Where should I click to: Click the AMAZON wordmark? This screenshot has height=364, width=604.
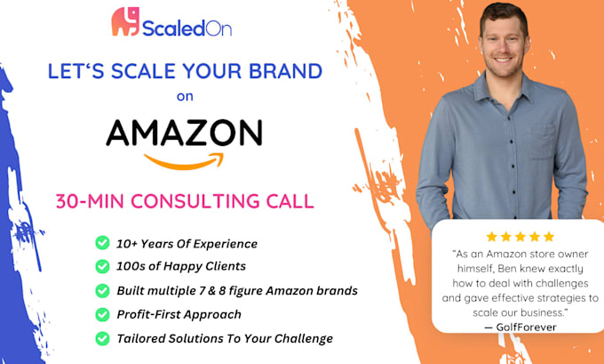[184, 133]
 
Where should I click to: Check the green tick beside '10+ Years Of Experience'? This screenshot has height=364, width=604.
[103, 243]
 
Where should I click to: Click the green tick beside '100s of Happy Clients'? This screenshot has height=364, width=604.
[103, 266]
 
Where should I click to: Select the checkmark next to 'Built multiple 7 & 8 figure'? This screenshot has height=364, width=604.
[103, 290]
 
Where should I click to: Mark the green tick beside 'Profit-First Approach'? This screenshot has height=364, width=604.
[103, 314]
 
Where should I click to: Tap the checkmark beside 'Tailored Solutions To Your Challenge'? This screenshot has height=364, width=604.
[103, 338]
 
